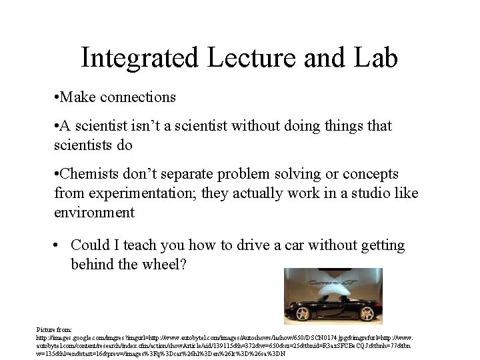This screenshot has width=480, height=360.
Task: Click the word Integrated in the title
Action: pyautogui.click(x=140, y=58)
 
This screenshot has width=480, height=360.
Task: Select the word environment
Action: pyautogui.click(x=94, y=213)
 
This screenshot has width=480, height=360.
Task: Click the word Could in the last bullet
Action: pyautogui.click(x=91, y=245)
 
